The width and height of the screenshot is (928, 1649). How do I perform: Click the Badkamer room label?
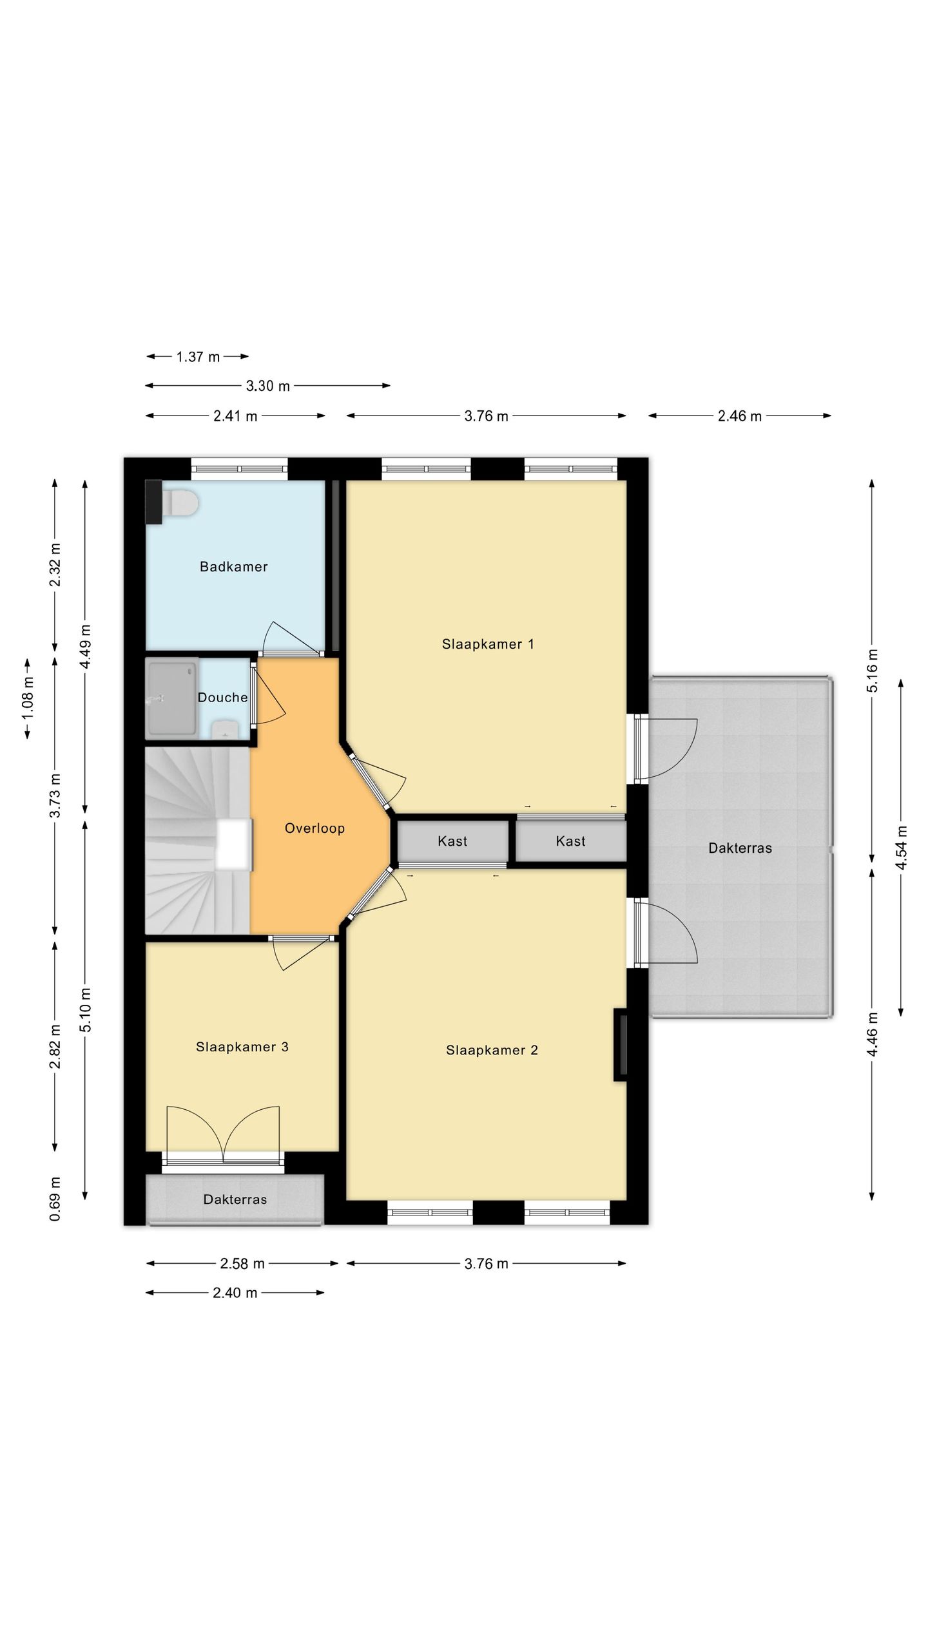pyautogui.click(x=233, y=567)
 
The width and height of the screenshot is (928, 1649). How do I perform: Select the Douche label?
pyautogui.click(x=222, y=698)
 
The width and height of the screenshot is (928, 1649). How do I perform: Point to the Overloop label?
pyautogui.click(x=314, y=828)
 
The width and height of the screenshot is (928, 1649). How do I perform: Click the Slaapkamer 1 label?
pyautogui.click(x=488, y=644)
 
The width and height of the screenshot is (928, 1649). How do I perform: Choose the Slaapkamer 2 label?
pyautogui.click(x=492, y=1051)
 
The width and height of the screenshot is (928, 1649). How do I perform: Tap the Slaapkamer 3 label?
pyautogui.click(x=242, y=1047)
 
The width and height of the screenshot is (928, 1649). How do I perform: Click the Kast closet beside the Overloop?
pyautogui.click(x=452, y=841)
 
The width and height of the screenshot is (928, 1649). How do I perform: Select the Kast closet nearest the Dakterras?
pyautogui.click(x=571, y=841)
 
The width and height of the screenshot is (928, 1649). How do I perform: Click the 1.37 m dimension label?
pyautogui.click(x=198, y=357)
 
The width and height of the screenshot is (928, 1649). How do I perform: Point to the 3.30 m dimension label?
pyautogui.click(x=268, y=386)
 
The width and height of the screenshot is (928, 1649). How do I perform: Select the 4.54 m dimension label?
pyautogui.click(x=902, y=848)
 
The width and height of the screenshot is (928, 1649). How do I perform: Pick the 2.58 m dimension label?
pyautogui.click(x=242, y=1264)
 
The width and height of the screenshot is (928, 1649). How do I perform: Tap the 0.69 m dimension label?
pyautogui.click(x=55, y=1199)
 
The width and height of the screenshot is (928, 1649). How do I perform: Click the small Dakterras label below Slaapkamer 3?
pyautogui.click(x=235, y=1199)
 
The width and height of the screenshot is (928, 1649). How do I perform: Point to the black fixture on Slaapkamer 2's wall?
pyautogui.click(x=620, y=1045)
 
